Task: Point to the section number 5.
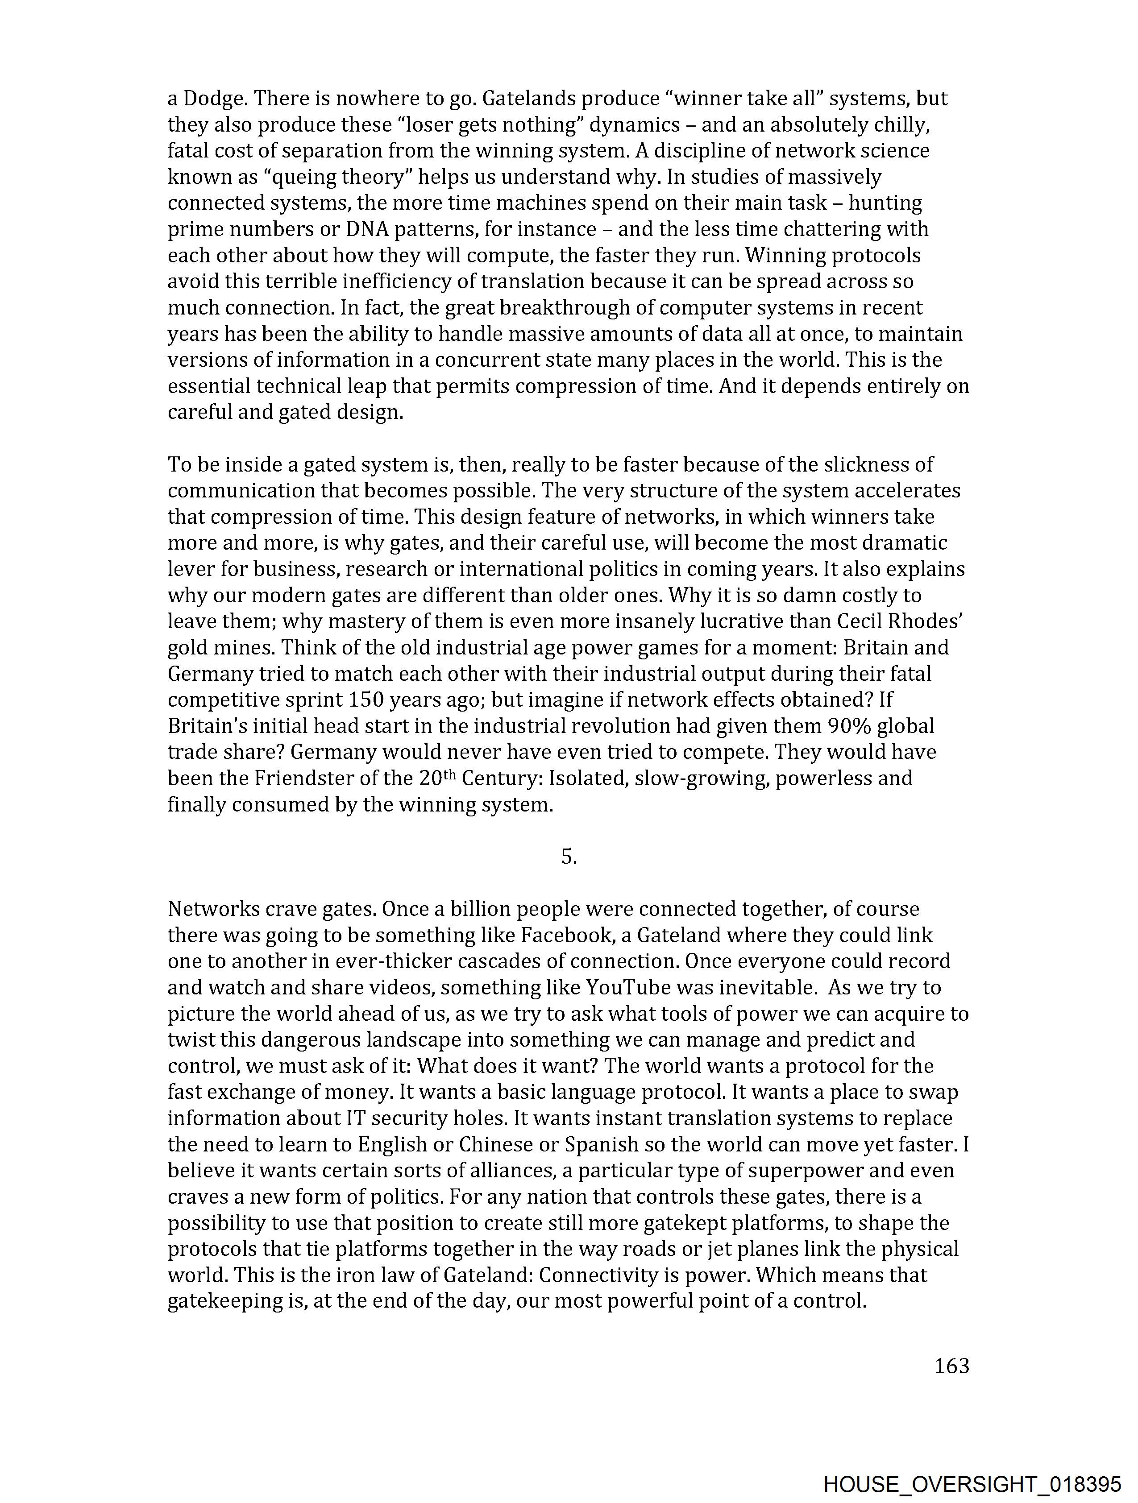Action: pyautogui.click(x=568, y=857)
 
